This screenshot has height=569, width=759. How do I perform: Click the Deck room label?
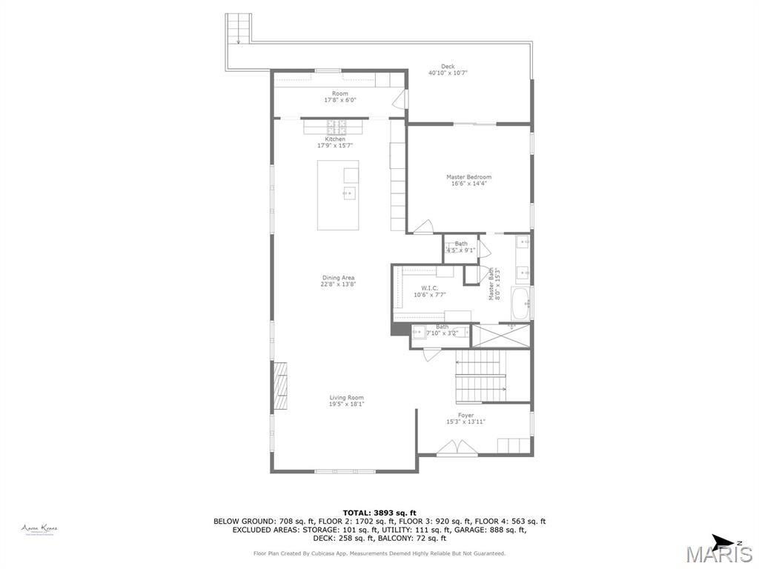click(x=448, y=67)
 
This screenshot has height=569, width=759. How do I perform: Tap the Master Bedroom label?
click(x=468, y=177)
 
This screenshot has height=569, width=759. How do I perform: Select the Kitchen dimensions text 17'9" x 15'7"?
click(x=335, y=146)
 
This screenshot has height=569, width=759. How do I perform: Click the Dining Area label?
click(x=338, y=278)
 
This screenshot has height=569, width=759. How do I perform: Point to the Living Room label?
click(x=346, y=398)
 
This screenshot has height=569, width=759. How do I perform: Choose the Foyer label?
click(x=465, y=416)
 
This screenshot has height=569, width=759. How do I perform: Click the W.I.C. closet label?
click(x=430, y=288)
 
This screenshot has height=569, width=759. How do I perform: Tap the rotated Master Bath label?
click(x=491, y=284)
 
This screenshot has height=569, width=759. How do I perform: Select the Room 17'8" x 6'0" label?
click(x=339, y=94)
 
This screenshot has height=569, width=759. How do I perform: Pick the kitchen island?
click(x=338, y=195)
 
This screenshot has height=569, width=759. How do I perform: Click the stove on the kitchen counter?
click(x=335, y=126)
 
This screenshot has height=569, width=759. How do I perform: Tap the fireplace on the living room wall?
click(x=280, y=386)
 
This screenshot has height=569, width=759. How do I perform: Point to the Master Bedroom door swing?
click(x=423, y=227)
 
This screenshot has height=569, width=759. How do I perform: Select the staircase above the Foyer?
click(x=480, y=376)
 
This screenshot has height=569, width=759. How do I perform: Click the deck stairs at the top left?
click(x=239, y=29)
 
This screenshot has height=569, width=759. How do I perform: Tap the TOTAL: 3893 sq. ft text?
click(x=379, y=513)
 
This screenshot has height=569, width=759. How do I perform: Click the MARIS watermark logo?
click(x=718, y=554)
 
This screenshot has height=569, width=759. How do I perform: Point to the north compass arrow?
click(x=722, y=541)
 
